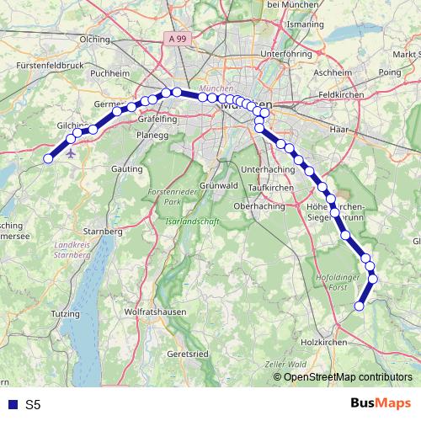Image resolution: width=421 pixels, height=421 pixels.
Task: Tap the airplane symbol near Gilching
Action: click(x=70, y=154)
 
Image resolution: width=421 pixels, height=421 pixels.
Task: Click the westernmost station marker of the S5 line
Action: click(x=49, y=157)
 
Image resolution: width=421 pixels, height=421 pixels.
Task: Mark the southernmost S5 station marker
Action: click(x=360, y=306)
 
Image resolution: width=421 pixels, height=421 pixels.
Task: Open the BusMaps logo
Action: click(x=381, y=403)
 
